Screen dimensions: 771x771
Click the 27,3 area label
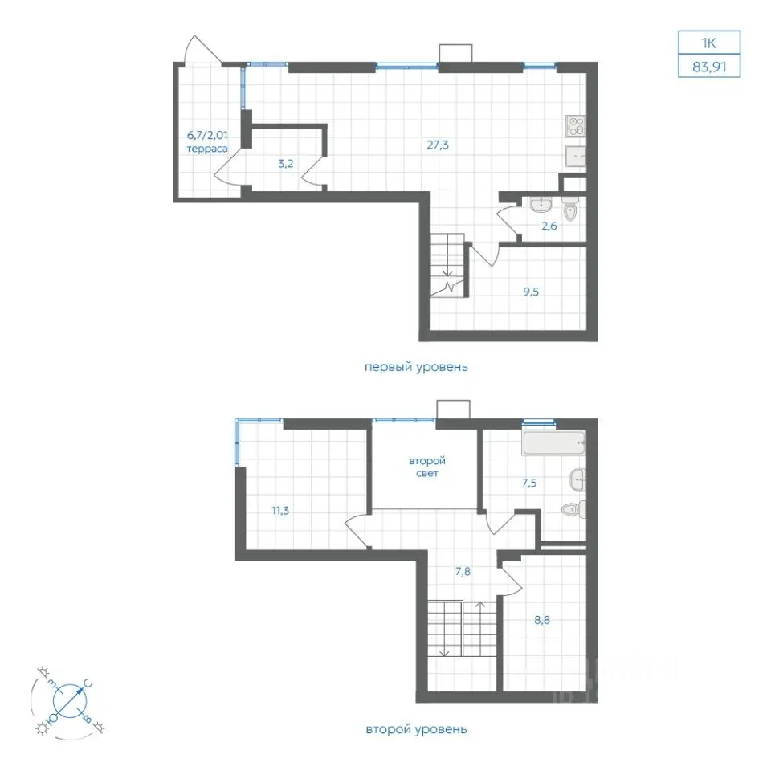pyautogui.click(x=438, y=145)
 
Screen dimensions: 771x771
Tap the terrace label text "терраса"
pyautogui.click(x=207, y=149)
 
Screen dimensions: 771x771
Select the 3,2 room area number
pyautogui.click(x=286, y=164)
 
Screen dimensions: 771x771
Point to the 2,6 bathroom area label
pyautogui.click(x=549, y=226)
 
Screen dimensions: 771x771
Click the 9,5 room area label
pyautogui.click(x=531, y=292)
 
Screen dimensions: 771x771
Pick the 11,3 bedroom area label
pyautogui.click(x=281, y=511)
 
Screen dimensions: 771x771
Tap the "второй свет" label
pyautogui.click(x=426, y=467)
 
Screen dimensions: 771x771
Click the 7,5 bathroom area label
pyautogui.click(x=529, y=483)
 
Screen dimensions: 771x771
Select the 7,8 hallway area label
pyautogui.click(x=463, y=571)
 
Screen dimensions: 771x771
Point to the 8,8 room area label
pyautogui.click(x=542, y=620)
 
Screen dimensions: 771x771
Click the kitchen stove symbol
pyautogui.click(x=575, y=126)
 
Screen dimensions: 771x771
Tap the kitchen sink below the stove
pyautogui.click(x=575, y=157)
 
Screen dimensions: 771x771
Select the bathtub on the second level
pyautogui.click(x=554, y=443)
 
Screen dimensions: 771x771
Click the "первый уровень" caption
pyautogui.click(x=416, y=367)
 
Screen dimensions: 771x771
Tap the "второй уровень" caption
pyautogui.click(x=416, y=729)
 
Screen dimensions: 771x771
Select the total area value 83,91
pyautogui.click(x=709, y=67)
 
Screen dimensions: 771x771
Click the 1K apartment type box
pyautogui.click(x=709, y=43)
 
